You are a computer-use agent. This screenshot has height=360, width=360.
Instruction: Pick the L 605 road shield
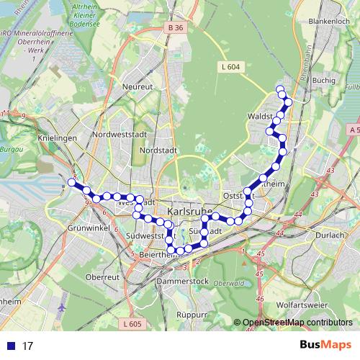[x=132, y=324]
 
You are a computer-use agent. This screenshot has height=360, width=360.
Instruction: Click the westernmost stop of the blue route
[x=71, y=182]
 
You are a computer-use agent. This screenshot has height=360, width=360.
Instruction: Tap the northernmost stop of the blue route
[x=280, y=90]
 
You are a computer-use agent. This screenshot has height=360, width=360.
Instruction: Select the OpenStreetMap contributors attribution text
[x=299, y=323]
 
